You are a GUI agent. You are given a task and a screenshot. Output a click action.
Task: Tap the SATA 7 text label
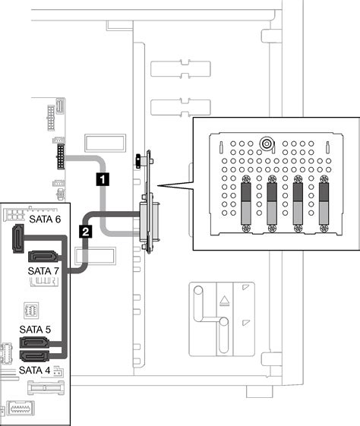[43, 270]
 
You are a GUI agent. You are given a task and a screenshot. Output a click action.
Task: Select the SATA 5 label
[36, 331]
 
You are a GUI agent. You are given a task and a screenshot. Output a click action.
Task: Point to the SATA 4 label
[34, 369]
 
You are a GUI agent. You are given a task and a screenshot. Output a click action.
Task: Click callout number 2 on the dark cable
[86, 231]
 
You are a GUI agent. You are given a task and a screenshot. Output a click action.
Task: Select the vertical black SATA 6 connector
[16, 242]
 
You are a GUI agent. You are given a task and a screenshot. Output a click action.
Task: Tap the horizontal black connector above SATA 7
[40, 254]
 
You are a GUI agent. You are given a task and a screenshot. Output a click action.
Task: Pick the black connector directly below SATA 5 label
[36, 344]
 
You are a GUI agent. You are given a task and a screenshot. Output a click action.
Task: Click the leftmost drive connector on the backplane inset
[246, 205]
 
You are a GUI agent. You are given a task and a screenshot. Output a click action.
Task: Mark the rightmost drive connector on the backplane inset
[324, 205]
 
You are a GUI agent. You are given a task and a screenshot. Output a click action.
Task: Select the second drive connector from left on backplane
[272, 205]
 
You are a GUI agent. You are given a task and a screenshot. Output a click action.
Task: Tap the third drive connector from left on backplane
[298, 205]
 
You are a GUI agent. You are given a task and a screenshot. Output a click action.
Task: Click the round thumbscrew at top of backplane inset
[265, 142]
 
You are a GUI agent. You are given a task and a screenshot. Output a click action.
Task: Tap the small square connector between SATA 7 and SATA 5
[30, 309]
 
